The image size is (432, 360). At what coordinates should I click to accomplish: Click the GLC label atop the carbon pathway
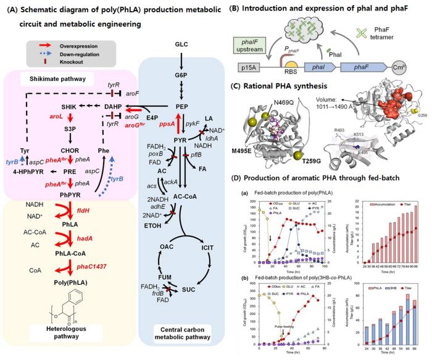click(181, 44)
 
